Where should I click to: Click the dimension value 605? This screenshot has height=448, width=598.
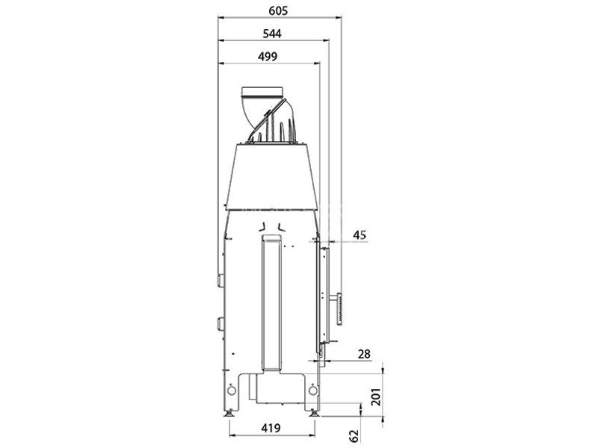pos(278,10)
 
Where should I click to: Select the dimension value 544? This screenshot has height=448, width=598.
pos(272,34)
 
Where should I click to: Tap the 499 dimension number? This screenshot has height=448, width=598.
pos(268,57)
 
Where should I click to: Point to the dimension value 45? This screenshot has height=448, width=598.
pos(360,234)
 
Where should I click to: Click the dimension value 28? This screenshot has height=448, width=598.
pos(364,354)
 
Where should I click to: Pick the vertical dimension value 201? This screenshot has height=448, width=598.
pos(376,397)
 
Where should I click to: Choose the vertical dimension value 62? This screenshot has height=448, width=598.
pos(354,436)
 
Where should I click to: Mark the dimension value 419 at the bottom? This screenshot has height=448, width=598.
pos(271,428)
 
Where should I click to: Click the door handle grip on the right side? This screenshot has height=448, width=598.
pos(339,308)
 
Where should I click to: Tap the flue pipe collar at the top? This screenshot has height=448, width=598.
pos(263,91)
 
